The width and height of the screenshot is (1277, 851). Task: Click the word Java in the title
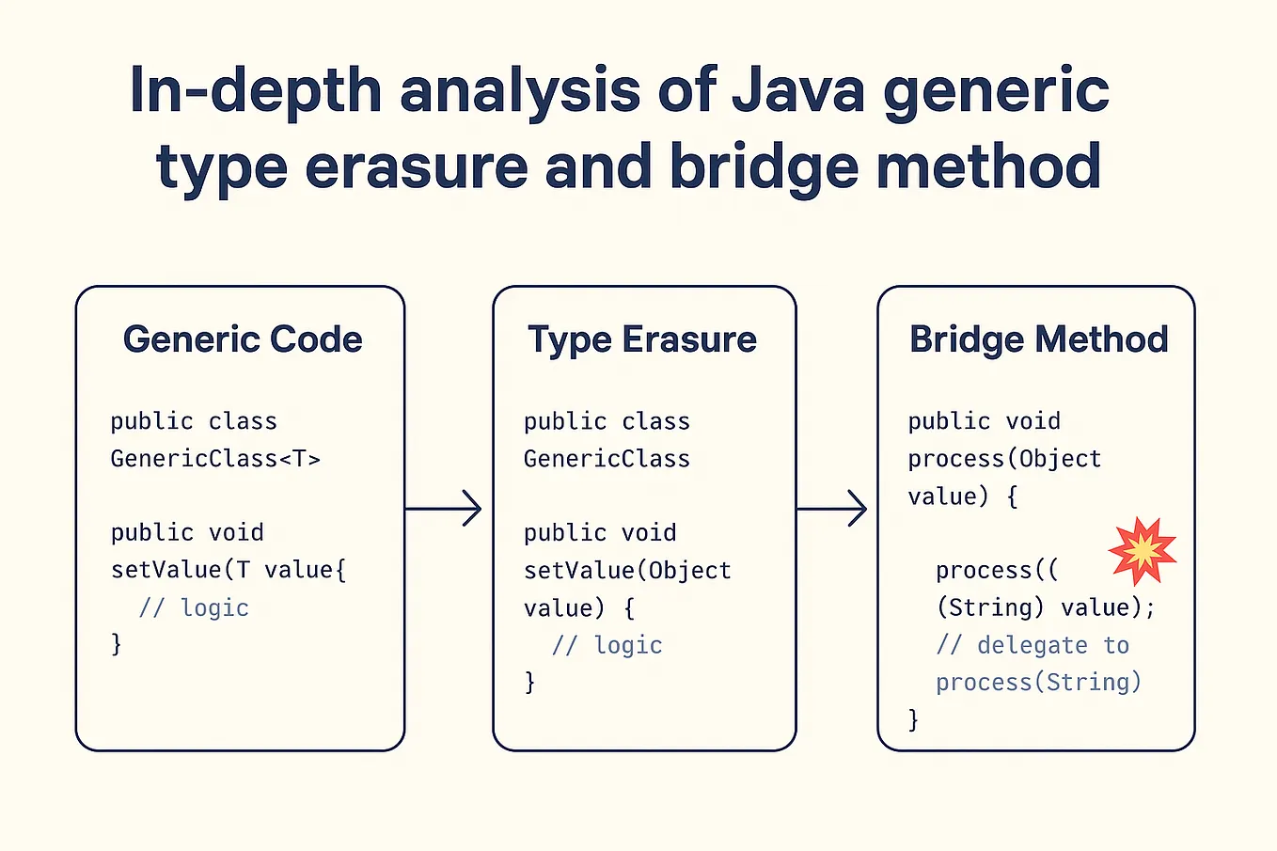[x=797, y=91]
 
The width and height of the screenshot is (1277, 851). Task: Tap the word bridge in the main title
[x=763, y=166]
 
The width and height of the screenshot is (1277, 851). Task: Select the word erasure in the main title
[x=417, y=166]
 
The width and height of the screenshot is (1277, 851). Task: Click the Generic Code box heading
[x=243, y=339]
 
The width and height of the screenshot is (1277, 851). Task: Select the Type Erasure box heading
[x=642, y=339]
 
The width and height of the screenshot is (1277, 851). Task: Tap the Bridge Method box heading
[x=1038, y=339]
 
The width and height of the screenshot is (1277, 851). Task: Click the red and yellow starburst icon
[x=1142, y=551]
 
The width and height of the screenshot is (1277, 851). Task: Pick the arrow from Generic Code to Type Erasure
[x=444, y=509]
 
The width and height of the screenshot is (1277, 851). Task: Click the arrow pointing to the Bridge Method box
[x=832, y=509]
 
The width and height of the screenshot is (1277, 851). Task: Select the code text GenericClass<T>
[x=215, y=459]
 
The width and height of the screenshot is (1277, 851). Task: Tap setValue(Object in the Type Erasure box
[x=627, y=571]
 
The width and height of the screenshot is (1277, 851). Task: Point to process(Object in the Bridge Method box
[x=1003, y=459]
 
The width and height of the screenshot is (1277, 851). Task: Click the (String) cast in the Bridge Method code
[x=989, y=607]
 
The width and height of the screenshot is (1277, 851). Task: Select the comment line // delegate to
[x=1032, y=645]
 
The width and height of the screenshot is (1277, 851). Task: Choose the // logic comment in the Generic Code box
[x=194, y=608]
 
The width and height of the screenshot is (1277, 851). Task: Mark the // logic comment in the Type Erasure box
[x=607, y=645]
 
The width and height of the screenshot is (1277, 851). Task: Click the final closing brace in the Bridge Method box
[x=913, y=719]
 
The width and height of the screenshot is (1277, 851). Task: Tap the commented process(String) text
[x=1038, y=682]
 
